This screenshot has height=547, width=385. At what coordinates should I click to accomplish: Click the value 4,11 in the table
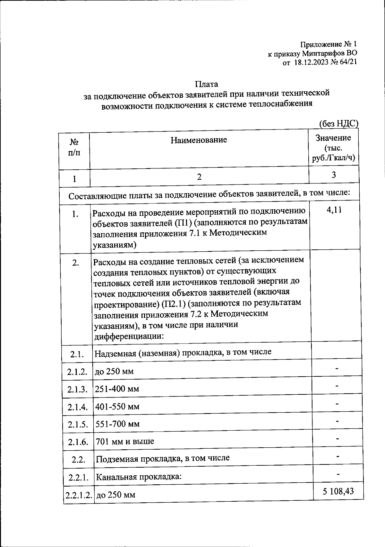pos(333,210)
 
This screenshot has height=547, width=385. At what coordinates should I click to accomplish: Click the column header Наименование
pos(199,140)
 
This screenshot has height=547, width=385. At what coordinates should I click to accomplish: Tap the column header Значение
pos(333,138)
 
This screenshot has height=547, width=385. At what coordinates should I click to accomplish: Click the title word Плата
pos(206,84)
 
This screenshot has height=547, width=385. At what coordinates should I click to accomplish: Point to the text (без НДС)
pos(338,123)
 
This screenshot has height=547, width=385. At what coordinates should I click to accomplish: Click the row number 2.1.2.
pos(77,372)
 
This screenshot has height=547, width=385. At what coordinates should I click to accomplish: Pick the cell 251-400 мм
pos(117,389)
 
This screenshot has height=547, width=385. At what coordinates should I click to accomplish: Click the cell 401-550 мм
pos(117,407)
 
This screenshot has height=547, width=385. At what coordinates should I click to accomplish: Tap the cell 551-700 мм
pos(118,424)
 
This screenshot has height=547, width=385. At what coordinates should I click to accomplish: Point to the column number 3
pos(334,175)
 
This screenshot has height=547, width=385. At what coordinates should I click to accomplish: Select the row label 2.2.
pos(78,460)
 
